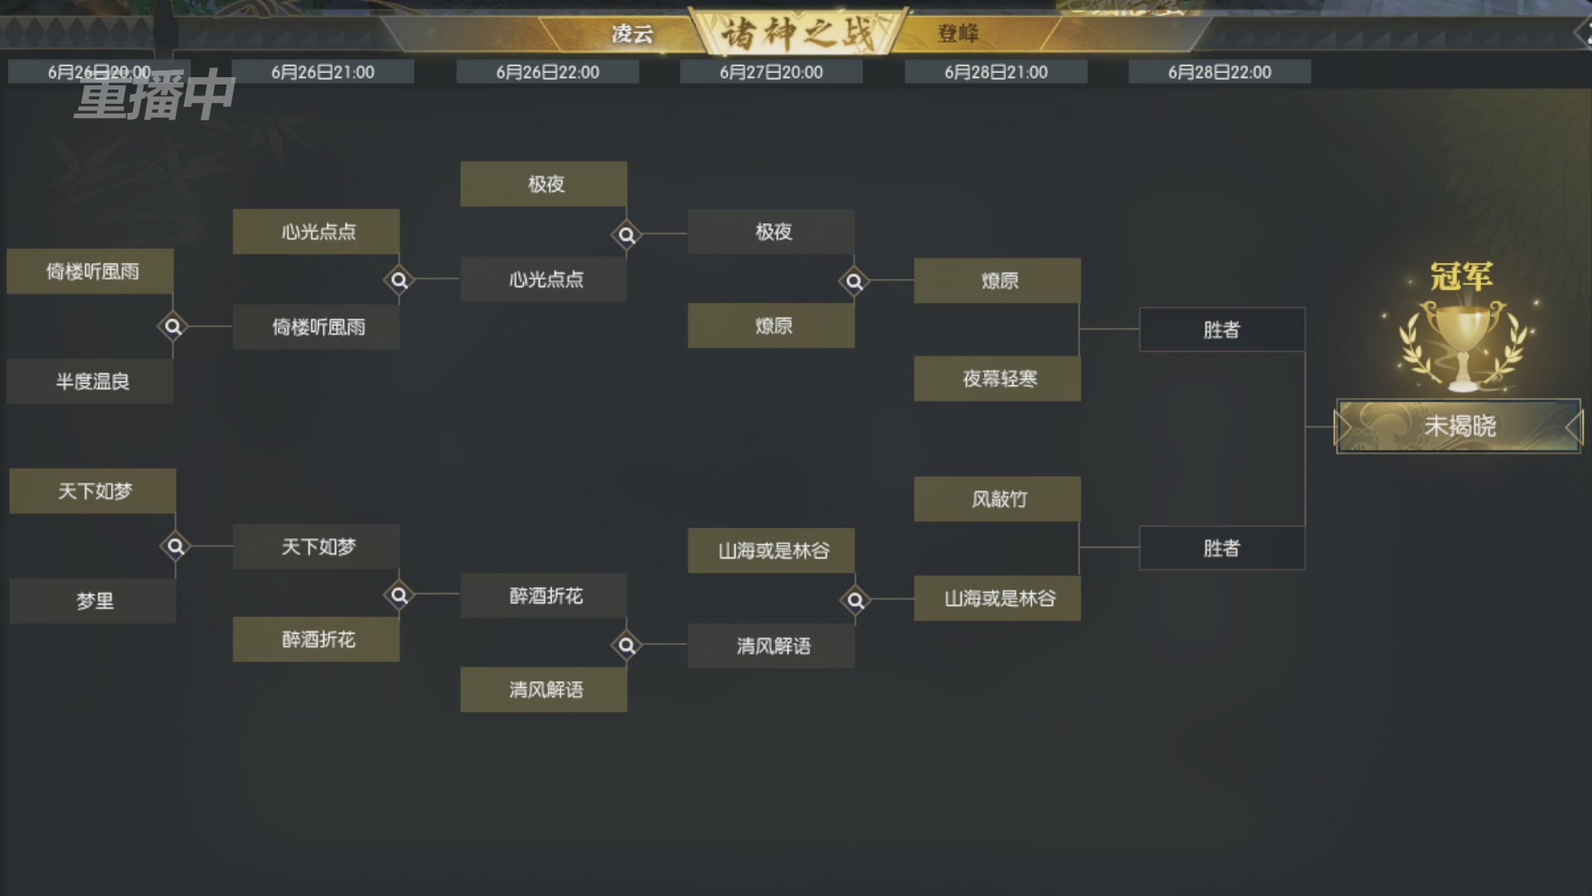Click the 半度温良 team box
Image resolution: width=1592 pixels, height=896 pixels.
pyautogui.click(x=90, y=382)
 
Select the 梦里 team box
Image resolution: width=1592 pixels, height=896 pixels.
pyautogui.click(x=93, y=601)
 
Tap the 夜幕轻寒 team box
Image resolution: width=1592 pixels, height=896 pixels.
pyautogui.click(x=997, y=379)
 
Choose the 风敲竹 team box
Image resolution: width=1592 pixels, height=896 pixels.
pyautogui.click(x=997, y=499)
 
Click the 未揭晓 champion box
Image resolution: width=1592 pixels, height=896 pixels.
pyautogui.click(x=1459, y=426)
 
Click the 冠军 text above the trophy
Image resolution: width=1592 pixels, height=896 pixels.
pyautogui.click(x=1461, y=276)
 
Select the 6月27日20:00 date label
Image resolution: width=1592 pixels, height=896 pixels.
pyautogui.click(x=771, y=72)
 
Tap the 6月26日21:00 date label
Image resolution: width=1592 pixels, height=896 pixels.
pyautogui.click(x=323, y=72)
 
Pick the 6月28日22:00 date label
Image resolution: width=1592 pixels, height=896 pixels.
pyautogui.click(x=1220, y=72)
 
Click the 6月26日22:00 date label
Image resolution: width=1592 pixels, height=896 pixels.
pyautogui.click(x=547, y=72)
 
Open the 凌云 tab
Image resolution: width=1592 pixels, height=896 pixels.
pyautogui.click(x=633, y=34)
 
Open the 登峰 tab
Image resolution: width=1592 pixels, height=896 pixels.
pyautogui.click(x=959, y=34)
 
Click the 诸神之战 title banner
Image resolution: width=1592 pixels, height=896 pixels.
pyautogui.click(x=798, y=33)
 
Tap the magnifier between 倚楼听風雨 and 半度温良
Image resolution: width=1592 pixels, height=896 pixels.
pyautogui.click(x=172, y=327)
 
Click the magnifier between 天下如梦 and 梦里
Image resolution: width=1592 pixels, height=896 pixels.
pyautogui.click(x=175, y=547)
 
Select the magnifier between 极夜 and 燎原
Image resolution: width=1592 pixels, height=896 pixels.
pyautogui.click(x=854, y=281)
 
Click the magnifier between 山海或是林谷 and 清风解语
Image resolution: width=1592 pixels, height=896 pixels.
pyautogui.click(x=855, y=599)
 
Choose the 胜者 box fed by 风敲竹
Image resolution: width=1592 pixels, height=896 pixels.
pyautogui.click(x=1222, y=548)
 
